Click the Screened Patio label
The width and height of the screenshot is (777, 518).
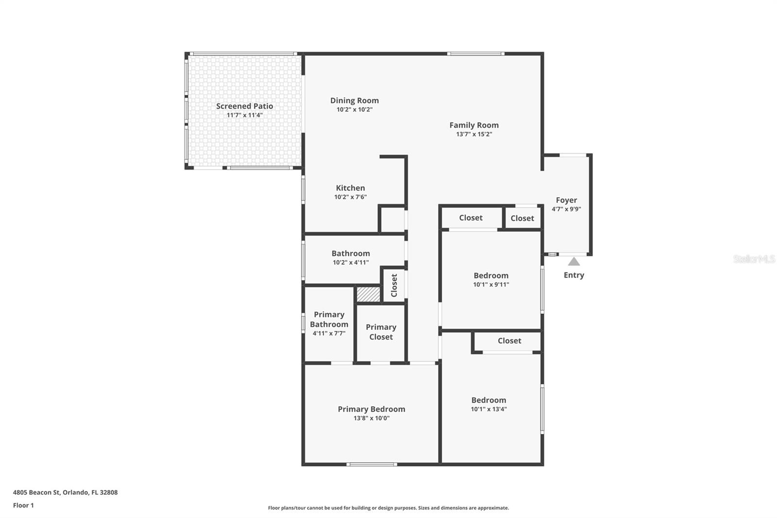point(244,106)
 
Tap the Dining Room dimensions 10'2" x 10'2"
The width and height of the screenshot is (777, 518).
point(355,110)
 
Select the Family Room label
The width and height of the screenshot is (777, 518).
point(474,125)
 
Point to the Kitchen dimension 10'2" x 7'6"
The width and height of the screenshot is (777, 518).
point(350,197)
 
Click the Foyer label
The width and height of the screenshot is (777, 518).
point(566,200)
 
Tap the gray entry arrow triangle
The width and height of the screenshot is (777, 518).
point(574,262)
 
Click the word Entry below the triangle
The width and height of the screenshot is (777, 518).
point(574,275)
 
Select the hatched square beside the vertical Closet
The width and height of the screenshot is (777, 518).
point(369,294)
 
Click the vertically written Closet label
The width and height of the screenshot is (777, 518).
point(394,285)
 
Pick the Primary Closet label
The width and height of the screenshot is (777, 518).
point(381,332)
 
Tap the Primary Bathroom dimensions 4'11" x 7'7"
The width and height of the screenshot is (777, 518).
point(329,333)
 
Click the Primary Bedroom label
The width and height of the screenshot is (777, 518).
point(372,409)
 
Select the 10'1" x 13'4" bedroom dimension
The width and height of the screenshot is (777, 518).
point(489,409)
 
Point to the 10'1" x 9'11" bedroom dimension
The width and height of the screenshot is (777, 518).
point(491,285)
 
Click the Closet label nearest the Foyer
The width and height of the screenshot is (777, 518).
point(522,218)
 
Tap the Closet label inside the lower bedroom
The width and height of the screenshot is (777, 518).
point(509,341)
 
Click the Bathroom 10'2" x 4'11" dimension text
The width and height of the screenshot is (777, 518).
point(351,262)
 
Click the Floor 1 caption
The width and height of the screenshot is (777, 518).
point(23,505)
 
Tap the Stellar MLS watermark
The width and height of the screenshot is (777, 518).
point(754,259)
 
